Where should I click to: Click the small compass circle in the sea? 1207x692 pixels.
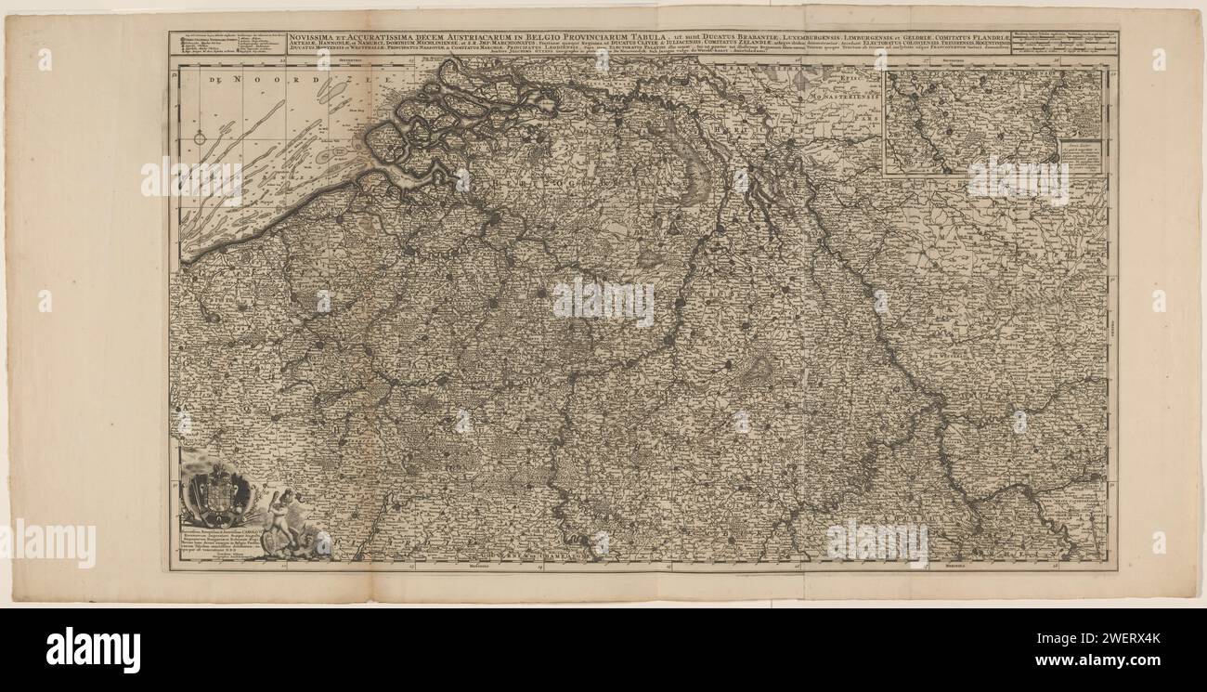(200, 138)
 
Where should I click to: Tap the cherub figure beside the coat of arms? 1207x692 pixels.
(279, 516)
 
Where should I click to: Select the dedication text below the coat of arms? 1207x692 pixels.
(223, 545)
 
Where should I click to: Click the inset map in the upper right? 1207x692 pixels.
(993, 122)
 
